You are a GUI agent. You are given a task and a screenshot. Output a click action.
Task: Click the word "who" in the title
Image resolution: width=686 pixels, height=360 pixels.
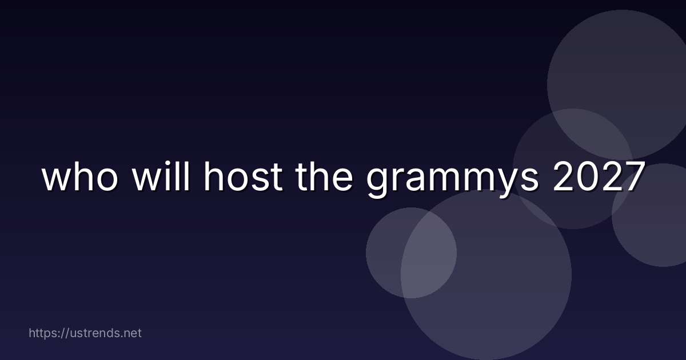click(81, 178)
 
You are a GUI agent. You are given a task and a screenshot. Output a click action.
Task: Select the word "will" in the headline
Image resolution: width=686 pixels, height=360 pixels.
click(160, 178)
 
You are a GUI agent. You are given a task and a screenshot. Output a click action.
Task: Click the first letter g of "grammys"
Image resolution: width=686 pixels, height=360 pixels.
click(378, 183)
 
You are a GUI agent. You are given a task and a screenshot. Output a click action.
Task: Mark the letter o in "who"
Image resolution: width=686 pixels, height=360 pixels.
click(108, 181)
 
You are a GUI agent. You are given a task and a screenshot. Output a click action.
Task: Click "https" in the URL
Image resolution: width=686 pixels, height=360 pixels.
click(44, 333)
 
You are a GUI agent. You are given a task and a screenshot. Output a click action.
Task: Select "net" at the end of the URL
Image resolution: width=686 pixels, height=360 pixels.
click(132, 333)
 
